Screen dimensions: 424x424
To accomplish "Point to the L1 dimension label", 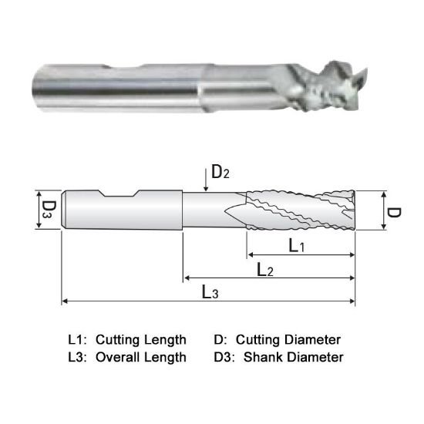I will tap(297, 246).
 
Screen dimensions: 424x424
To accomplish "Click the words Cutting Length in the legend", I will tap(141, 340).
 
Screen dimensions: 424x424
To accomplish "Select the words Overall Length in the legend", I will tap(141, 357).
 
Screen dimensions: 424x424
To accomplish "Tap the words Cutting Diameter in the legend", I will tap(288, 340).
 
